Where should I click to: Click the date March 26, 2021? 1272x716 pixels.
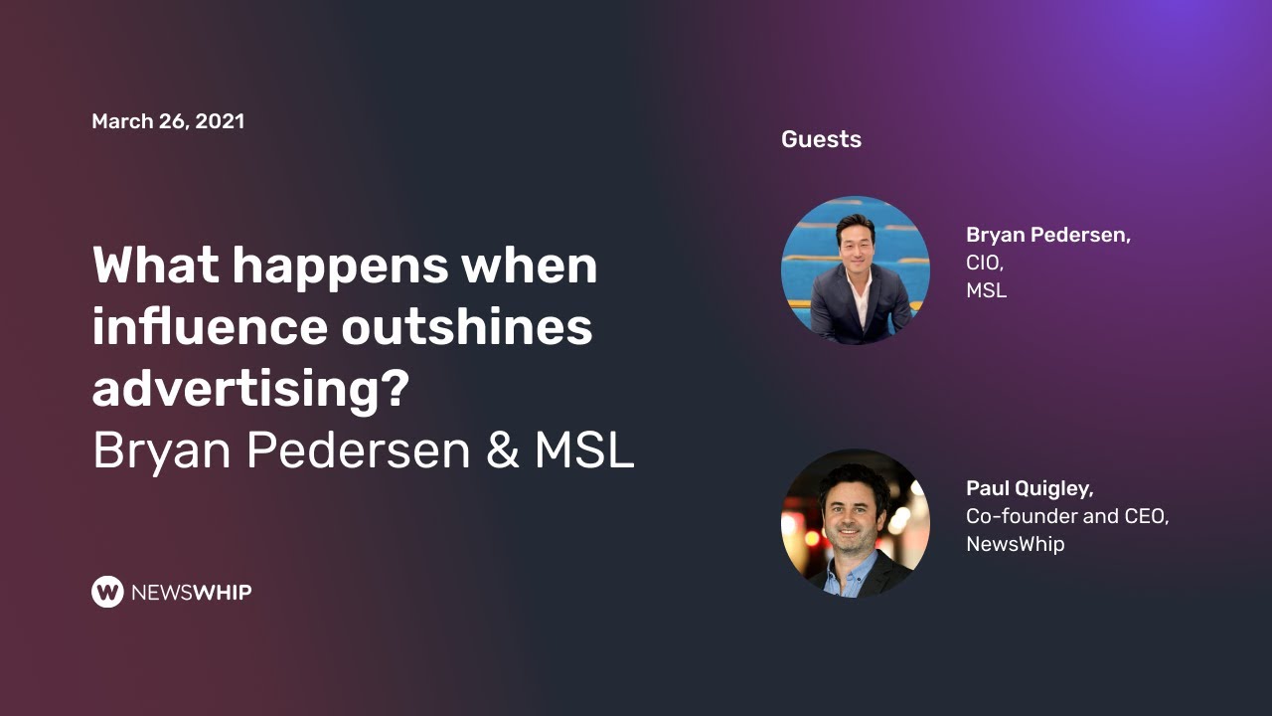(x=168, y=121)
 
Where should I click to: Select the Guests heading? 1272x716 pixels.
(x=821, y=139)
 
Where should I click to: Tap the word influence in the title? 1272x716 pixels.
(x=210, y=327)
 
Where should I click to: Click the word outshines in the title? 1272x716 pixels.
(x=467, y=327)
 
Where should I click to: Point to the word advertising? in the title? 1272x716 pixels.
(x=250, y=390)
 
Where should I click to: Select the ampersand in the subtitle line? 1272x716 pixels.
(x=503, y=450)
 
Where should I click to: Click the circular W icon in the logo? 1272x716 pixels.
(x=107, y=592)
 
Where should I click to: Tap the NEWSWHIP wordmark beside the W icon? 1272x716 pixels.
(x=191, y=593)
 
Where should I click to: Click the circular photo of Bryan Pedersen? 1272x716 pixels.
(x=856, y=270)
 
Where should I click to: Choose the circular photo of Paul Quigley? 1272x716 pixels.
(x=856, y=523)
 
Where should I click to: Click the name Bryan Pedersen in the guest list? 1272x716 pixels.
(x=1047, y=236)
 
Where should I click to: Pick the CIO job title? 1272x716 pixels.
(x=984, y=264)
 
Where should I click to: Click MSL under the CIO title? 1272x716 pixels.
(x=986, y=291)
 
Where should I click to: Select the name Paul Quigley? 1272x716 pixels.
(x=1030, y=488)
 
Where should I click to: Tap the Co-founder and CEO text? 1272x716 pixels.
(x=1066, y=516)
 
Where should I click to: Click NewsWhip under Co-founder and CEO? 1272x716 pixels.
(x=1015, y=544)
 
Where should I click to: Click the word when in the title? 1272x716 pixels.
(x=537, y=266)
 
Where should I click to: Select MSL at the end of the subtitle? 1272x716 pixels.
(x=584, y=450)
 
